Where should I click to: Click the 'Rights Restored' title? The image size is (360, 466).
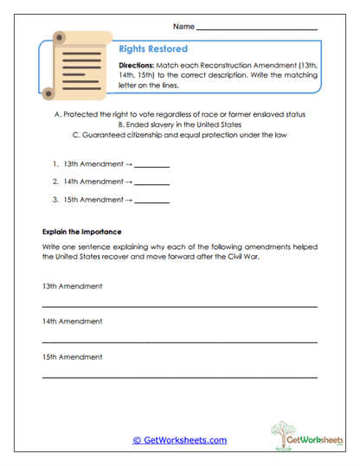(x=152, y=49)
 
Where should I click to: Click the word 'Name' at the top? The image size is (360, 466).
(x=183, y=27)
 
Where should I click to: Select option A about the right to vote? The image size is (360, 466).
(x=179, y=114)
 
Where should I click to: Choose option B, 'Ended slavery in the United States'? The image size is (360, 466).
(x=179, y=124)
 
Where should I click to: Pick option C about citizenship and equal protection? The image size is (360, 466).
(x=179, y=135)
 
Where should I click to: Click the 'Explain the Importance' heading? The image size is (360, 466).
(x=81, y=232)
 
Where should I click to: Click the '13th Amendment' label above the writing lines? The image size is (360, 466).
(x=72, y=286)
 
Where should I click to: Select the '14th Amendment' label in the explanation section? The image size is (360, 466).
(x=72, y=322)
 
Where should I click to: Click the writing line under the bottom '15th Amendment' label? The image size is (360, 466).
(x=179, y=377)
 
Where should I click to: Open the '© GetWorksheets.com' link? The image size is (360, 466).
(x=179, y=440)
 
